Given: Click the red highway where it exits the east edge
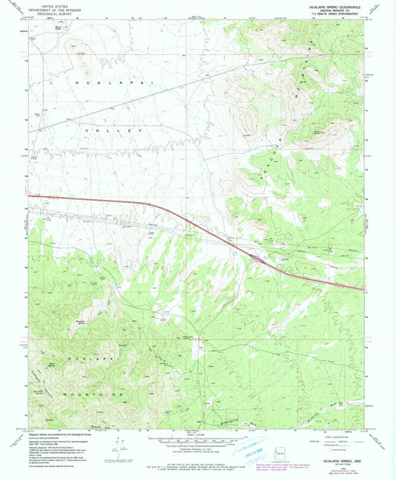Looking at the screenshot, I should [x=362, y=288].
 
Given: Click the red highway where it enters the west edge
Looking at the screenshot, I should [x=31, y=196].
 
